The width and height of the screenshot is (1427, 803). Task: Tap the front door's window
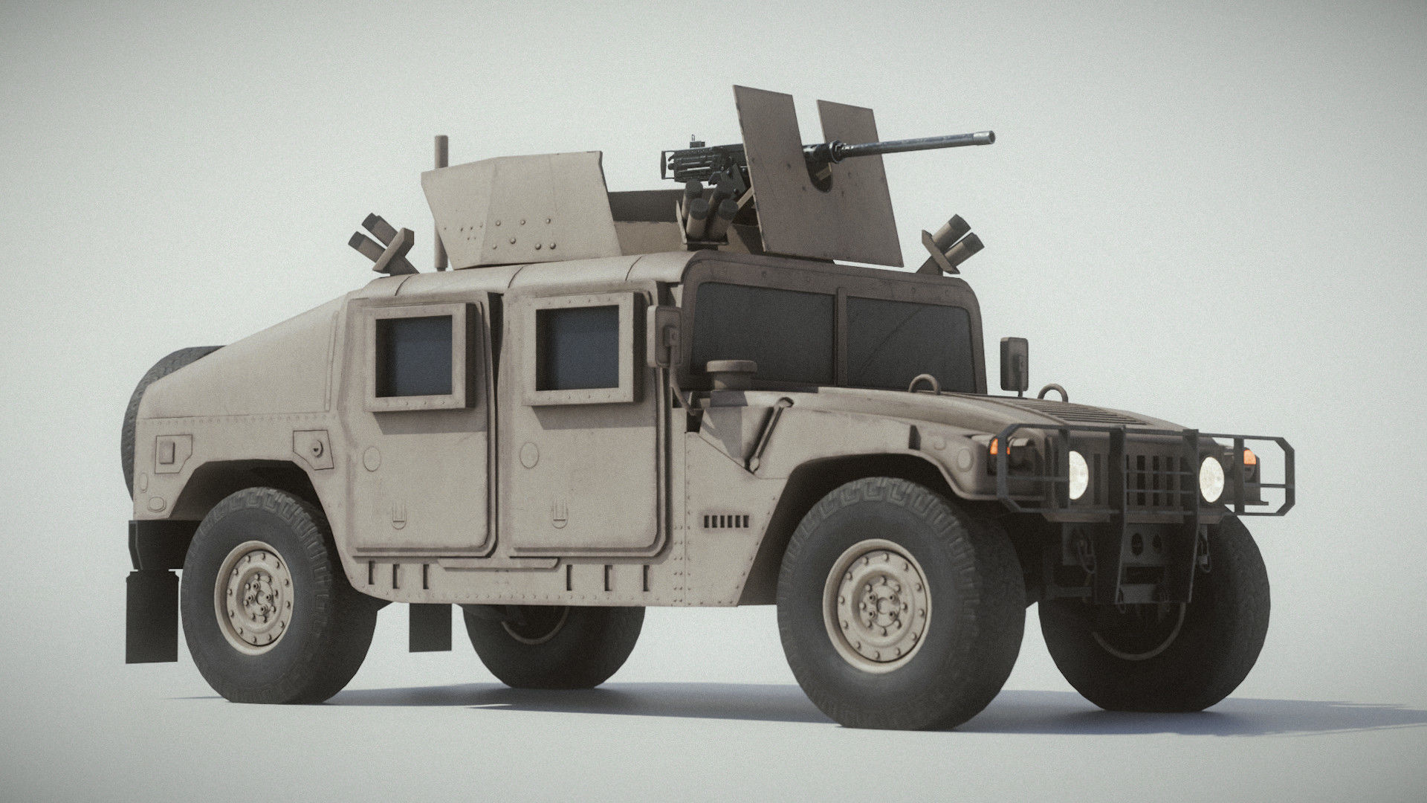click(x=577, y=349)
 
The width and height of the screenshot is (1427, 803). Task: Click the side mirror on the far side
click(x=1013, y=363)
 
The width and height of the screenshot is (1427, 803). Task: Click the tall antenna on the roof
click(x=440, y=201)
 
